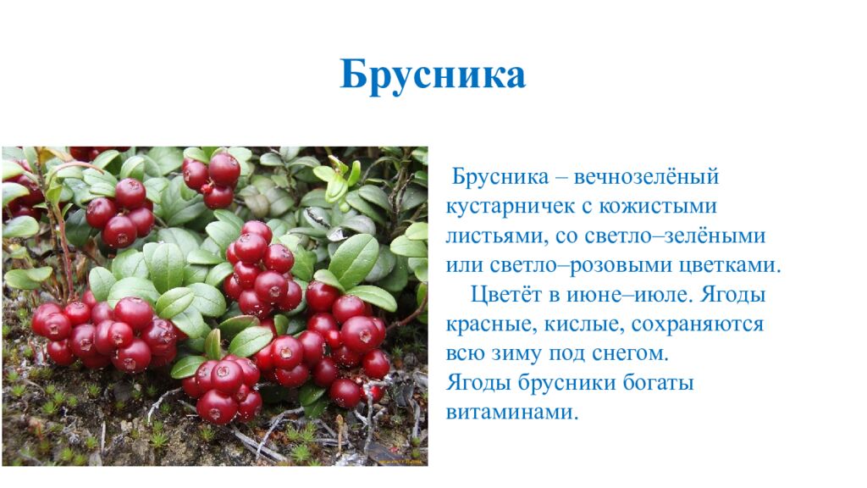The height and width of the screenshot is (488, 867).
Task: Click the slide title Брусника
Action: tap(433, 75)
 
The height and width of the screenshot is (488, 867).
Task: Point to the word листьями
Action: tap(489, 236)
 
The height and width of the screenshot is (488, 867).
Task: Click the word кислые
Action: tap(575, 324)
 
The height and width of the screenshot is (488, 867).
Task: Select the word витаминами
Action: tap(513, 412)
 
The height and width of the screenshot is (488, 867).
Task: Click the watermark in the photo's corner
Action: tap(398, 462)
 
